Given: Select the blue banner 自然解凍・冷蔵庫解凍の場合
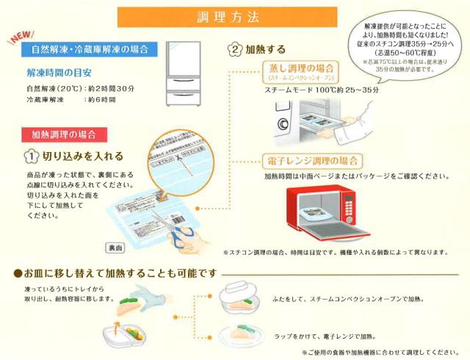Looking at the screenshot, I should (90, 50).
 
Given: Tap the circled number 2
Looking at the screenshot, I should (235, 51).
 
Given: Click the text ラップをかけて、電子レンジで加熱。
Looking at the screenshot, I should (322, 333).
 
